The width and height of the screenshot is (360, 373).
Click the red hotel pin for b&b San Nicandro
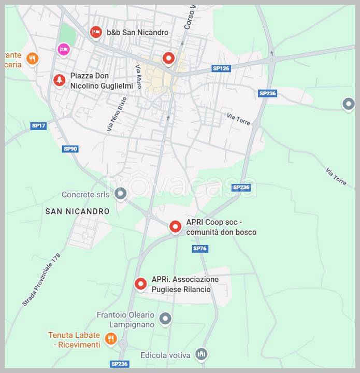[95, 33]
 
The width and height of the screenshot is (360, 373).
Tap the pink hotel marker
[63, 49]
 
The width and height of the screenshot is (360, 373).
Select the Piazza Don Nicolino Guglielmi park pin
[60, 80]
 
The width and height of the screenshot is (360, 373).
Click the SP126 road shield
[221, 68]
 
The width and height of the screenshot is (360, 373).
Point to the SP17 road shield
[38, 126]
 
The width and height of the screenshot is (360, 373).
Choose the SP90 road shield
[70, 149]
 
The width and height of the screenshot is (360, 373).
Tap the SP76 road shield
[199, 249]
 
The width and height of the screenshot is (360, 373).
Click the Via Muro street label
[139, 76]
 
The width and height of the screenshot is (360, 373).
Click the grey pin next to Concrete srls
[121, 194]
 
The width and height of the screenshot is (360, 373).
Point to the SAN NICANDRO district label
[77, 211]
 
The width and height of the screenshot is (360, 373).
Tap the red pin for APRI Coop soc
[176, 226]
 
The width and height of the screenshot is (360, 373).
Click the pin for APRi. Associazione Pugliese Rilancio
[140, 283]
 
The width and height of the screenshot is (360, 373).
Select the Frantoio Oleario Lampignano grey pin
[165, 318]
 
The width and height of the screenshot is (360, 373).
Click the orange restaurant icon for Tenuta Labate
[110, 339]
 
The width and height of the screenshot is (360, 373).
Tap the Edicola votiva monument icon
[202, 354]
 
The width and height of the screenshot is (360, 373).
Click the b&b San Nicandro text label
[137, 33]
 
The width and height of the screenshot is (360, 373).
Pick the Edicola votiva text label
[165, 355]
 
